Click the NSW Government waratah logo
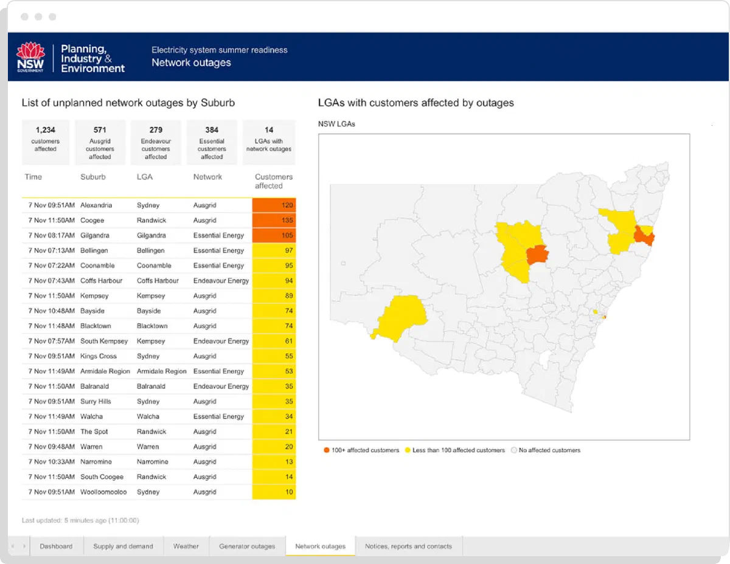[30, 57]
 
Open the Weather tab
[186, 546]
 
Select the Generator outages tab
[247, 546]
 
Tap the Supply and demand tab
[123, 546]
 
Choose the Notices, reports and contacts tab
[408, 546]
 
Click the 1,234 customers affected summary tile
[46, 142]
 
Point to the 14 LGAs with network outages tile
[269, 142]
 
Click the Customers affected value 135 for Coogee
[274, 220]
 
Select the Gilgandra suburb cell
[95, 235]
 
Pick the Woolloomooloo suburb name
[103, 492]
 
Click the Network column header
[207, 177]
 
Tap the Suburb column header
[93, 177]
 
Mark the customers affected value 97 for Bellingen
[274, 250]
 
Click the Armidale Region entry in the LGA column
[162, 371]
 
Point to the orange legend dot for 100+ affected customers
[326, 450]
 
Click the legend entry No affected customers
[546, 450]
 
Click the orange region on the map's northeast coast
[644, 236]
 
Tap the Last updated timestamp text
[80, 520]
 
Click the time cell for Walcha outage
[51, 416]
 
